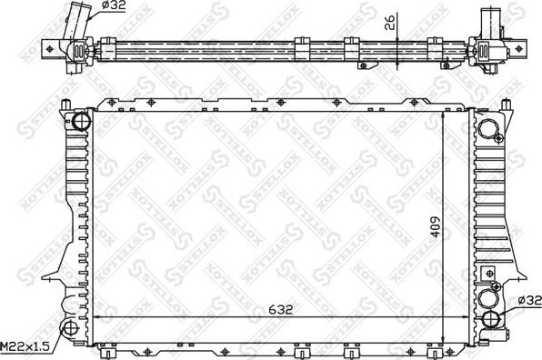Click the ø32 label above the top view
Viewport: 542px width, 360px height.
[113, 6]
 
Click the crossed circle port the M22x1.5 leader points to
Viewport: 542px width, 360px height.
[69, 328]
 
